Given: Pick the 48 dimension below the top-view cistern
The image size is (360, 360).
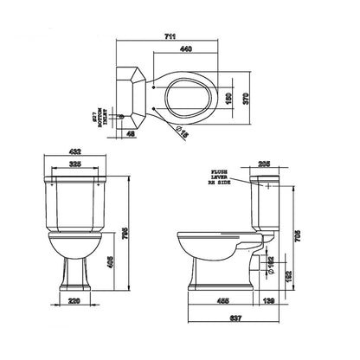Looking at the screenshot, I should [129, 135].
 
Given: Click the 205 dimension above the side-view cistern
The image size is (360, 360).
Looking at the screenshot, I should [266, 163].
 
